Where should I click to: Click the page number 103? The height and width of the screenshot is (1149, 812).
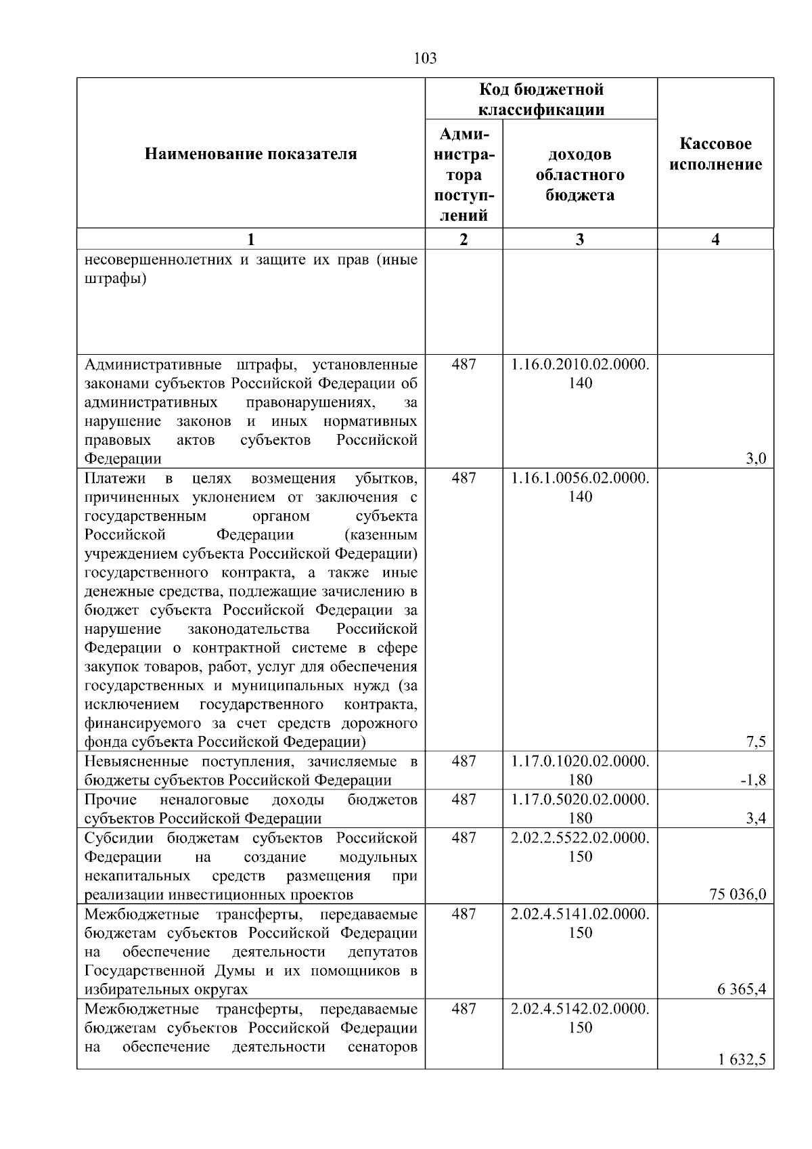[x=425, y=59]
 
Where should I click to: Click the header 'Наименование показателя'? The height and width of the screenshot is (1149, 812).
[x=250, y=154]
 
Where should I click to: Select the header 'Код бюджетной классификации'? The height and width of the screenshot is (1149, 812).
[x=541, y=100]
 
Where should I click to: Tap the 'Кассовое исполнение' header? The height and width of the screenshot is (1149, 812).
[x=715, y=154]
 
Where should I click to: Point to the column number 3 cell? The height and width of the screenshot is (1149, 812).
[x=579, y=239]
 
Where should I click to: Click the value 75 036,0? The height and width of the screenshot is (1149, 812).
[x=738, y=894]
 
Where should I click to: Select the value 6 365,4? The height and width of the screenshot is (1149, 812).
[x=742, y=989]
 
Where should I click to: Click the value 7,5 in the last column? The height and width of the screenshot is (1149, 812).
[x=756, y=742]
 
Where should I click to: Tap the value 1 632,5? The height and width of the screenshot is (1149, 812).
[x=742, y=1060]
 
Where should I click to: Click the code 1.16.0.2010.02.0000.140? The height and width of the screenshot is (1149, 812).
[x=580, y=374]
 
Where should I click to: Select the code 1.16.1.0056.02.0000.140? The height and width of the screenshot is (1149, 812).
[x=580, y=487]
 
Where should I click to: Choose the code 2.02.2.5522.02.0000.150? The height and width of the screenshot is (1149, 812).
[x=580, y=847]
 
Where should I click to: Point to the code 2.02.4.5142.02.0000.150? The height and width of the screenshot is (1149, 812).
[x=580, y=1018]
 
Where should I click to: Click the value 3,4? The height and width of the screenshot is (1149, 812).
[x=756, y=819]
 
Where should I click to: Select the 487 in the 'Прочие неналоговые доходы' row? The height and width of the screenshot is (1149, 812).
[x=464, y=800]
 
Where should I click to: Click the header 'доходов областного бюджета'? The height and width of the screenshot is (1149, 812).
[x=580, y=175]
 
